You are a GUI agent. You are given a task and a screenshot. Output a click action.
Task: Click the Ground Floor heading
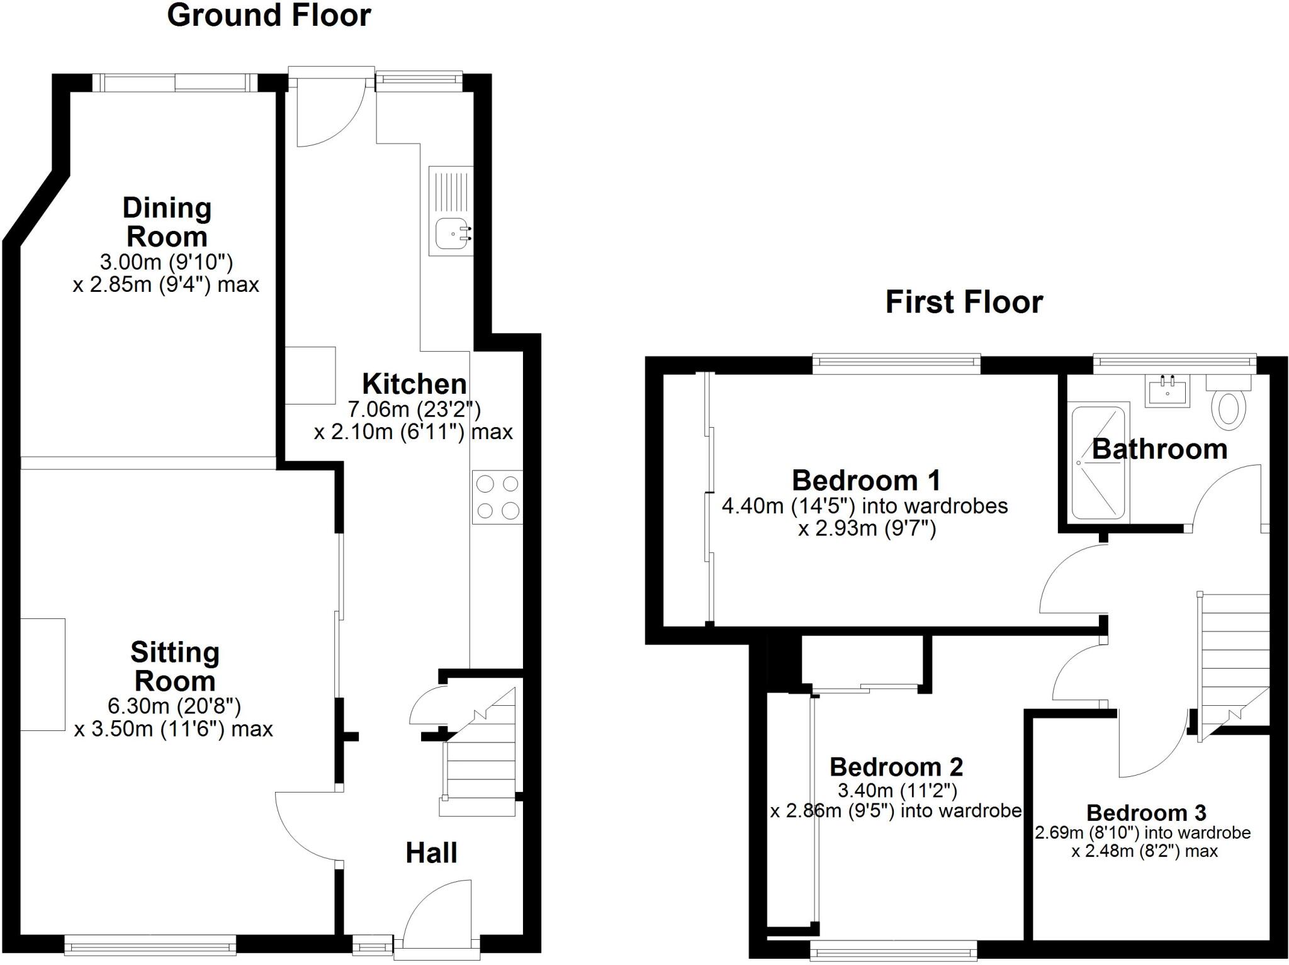pyautogui.click(x=269, y=16)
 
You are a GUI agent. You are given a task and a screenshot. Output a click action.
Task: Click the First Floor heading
pyautogui.click(x=964, y=302)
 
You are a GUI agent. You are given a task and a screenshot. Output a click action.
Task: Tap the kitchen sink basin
pyautogui.click(x=451, y=233)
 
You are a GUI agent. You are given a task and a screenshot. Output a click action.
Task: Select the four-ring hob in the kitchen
pyautogui.click(x=497, y=497)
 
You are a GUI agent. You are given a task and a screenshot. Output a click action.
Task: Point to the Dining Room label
pyautogui.click(x=167, y=222)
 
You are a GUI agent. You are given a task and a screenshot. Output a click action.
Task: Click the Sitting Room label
pyautogui.click(x=174, y=666)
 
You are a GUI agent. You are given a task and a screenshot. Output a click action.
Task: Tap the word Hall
pyautogui.click(x=431, y=853)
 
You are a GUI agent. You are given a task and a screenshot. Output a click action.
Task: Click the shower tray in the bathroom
pyautogui.click(x=1098, y=462)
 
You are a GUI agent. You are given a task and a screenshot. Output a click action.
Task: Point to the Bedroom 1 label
pyautogui.click(x=866, y=481)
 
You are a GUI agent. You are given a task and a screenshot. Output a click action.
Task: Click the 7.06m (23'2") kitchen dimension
pyautogui.click(x=414, y=410)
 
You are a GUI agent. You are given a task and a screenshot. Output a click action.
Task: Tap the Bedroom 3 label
pyautogui.click(x=1145, y=813)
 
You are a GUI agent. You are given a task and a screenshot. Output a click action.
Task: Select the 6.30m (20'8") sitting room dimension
pyautogui.click(x=174, y=706)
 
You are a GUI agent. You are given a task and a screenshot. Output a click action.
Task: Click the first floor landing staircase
pyautogui.click(x=1232, y=661)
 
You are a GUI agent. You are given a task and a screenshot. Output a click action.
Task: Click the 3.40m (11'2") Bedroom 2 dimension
pyautogui.click(x=897, y=790)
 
